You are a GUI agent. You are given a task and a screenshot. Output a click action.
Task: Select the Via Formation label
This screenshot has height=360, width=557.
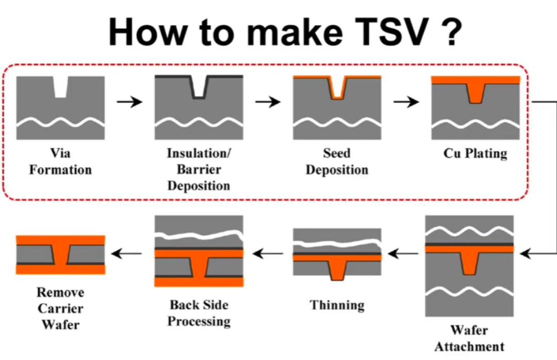pos(60,161)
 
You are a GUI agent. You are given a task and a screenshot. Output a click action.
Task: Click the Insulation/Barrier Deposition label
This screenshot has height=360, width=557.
pos(199,169)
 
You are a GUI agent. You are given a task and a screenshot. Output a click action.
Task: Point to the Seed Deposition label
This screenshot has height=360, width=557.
pos(337,161)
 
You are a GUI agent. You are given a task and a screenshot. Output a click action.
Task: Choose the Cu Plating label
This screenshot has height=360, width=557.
pos(475,154)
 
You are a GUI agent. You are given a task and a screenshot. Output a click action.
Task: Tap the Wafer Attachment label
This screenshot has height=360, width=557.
pos(469,338)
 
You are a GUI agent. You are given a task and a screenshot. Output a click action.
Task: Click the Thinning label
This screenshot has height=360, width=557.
pos(337,305)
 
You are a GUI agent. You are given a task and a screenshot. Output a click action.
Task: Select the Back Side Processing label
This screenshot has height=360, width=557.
pos(199,313)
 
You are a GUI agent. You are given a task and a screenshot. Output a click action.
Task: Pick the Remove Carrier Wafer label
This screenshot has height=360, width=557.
pos(60,308)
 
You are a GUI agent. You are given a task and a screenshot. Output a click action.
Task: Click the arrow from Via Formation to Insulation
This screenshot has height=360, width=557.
pos(129,102)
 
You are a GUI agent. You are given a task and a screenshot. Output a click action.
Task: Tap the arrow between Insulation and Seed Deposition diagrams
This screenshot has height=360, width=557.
pos(268,102)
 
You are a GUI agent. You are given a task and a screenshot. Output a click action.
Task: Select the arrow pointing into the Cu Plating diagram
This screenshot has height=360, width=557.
pos(406,102)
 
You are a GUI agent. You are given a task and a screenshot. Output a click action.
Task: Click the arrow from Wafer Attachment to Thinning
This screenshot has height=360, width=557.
pos(403,253)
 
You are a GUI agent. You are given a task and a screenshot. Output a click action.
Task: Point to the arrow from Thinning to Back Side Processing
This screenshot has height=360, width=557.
pos(268,253)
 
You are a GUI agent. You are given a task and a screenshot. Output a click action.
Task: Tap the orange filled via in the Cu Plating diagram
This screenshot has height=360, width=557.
pos(475,93)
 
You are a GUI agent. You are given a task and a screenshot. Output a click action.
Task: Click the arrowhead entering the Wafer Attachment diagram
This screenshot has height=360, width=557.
pos(525,253)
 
